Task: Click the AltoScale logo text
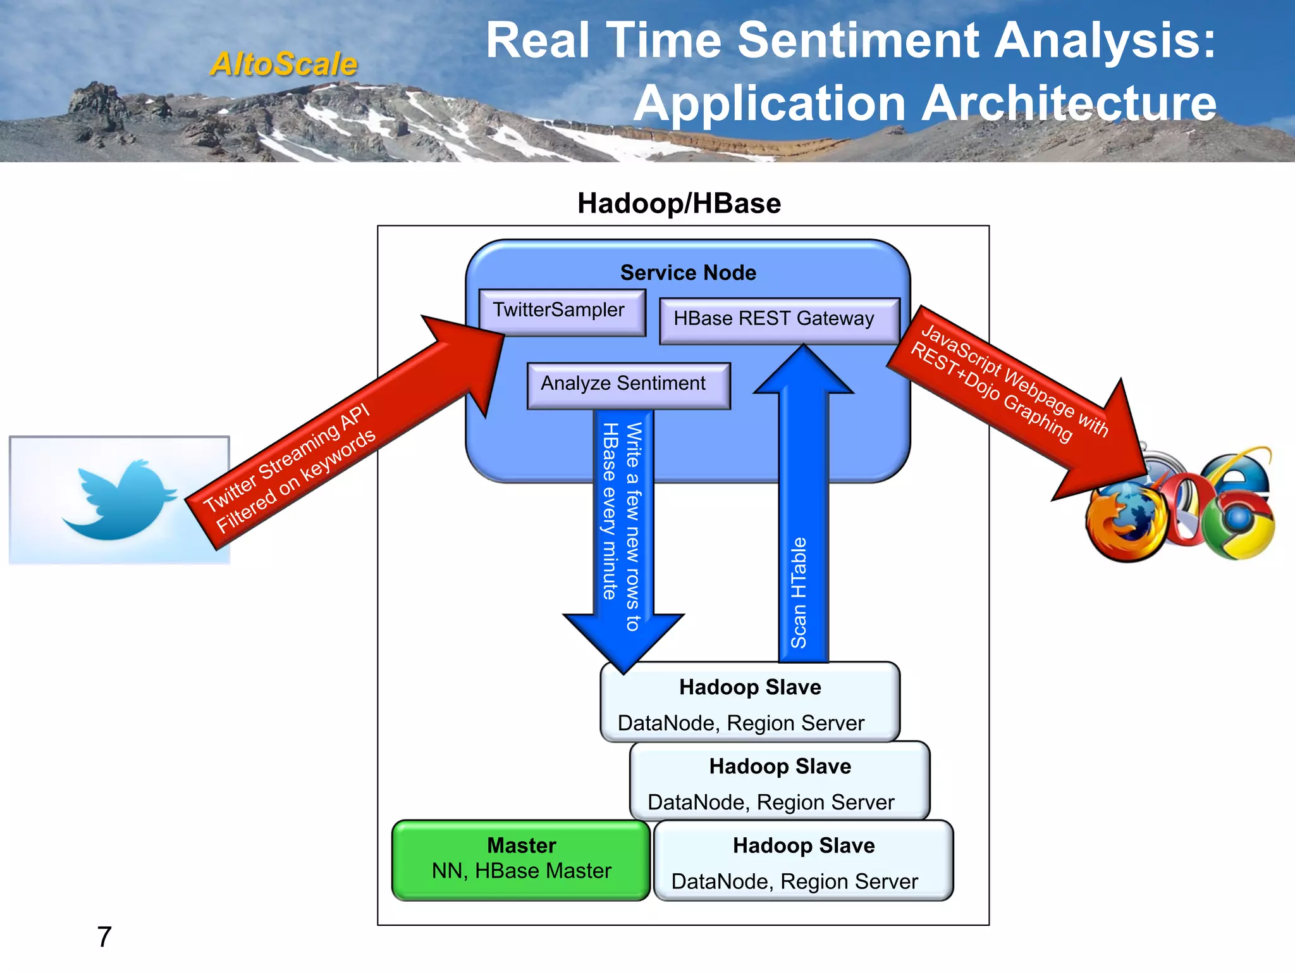pyautogui.click(x=284, y=64)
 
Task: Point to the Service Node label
pyautogui.click(x=688, y=273)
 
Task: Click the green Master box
pyautogui.click(x=521, y=859)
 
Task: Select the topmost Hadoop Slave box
pyautogui.click(x=749, y=702)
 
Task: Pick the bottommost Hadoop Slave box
pyautogui.click(x=803, y=862)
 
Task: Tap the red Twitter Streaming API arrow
pyautogui.click(x=335, y=443)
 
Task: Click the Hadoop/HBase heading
pyautogui.click(x=679, y=204)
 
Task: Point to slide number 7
pyautogui.click(x=104, y=937)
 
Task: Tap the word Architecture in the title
pyautogui.click(x=1069, y=103)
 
